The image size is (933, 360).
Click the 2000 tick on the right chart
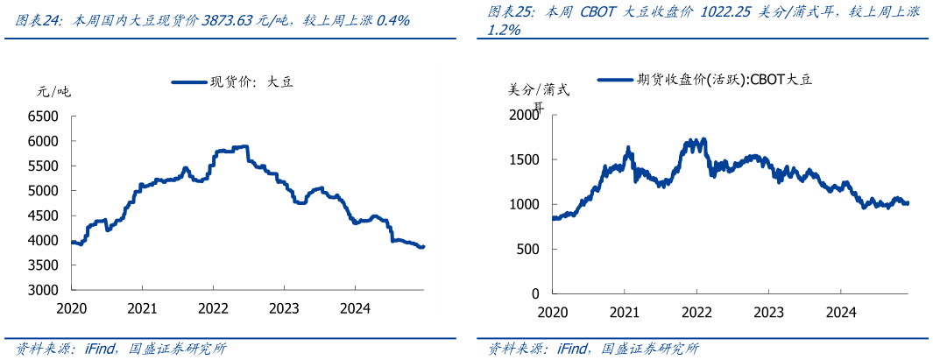pos(525,115)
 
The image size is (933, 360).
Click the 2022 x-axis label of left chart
pos(213,308)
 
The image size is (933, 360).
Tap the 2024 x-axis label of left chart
pos(354,308)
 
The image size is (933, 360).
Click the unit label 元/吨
pos(53,91)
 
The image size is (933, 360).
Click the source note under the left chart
pos(122,349)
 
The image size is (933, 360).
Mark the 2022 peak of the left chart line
pos(244,146)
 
